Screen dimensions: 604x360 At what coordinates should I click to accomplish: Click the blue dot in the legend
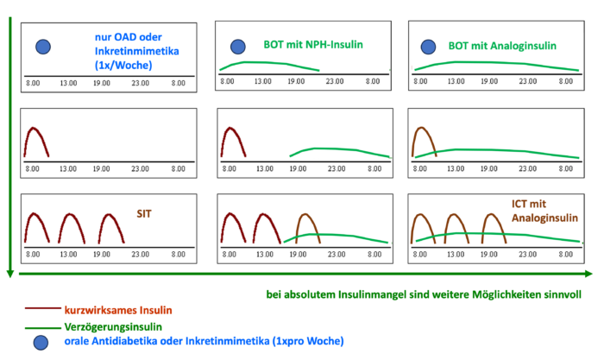coord(41,342)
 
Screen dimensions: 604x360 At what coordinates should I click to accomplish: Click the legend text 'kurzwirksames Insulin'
coord(118,310)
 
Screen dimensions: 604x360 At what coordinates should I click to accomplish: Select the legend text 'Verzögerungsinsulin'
coord(113,327)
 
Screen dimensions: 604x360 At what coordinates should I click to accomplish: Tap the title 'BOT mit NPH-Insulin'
coord(313,45)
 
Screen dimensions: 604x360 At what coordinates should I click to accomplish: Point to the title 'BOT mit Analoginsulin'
coord(502,46)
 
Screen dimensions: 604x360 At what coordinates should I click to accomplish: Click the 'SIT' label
coord(144,214)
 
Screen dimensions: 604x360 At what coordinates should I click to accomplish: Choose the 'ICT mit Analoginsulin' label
coord(544,211)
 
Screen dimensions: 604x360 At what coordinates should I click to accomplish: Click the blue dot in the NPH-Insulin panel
coord(238,47)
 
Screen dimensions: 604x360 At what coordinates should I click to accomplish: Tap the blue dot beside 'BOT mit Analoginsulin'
coord(428,47)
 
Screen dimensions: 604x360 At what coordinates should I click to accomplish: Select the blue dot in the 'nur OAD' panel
coord(43,47)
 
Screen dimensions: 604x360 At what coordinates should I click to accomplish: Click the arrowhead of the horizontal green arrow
coord(588,274)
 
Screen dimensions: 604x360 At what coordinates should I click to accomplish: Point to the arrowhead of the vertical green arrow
coord(10,274)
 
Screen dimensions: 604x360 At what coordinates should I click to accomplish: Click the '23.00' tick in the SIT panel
coord(140,255)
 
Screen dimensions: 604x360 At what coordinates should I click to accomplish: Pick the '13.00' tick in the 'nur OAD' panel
coord(68,83)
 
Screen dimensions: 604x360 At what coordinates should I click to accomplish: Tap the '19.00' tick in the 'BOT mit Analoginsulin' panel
coord(489,81)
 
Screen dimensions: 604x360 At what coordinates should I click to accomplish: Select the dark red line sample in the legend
coord(43,308)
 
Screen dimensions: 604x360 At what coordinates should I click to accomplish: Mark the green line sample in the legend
coord(43,328)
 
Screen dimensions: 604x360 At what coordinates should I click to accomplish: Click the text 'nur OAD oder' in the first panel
coord(129,37)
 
